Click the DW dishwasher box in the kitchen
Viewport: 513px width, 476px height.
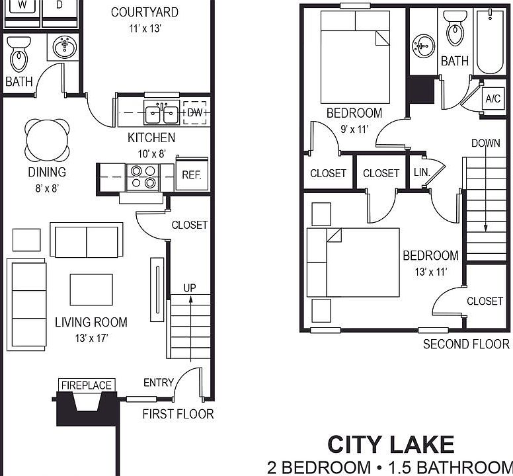tap(194, 112)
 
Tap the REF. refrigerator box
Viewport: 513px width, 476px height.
tap(192, 175)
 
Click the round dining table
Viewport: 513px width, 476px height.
tap(47, 139)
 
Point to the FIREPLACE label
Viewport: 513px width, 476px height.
tap(87, 385)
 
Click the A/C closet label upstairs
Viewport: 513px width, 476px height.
tap(493, 99)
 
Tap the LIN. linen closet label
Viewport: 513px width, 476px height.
tap(421, 172)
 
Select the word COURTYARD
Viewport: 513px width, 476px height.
tap(144, 12)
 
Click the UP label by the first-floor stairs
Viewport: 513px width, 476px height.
tap(190, 288)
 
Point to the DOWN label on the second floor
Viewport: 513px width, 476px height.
tap(486, 143)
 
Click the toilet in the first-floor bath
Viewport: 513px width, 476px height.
tap(19, 54)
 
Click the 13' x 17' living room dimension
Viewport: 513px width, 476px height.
tap(91, 338)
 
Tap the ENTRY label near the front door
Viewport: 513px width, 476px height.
tap(159, 382)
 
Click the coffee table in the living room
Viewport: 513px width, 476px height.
tap(91, 290)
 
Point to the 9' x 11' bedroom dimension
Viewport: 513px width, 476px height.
tap(354, 129)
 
